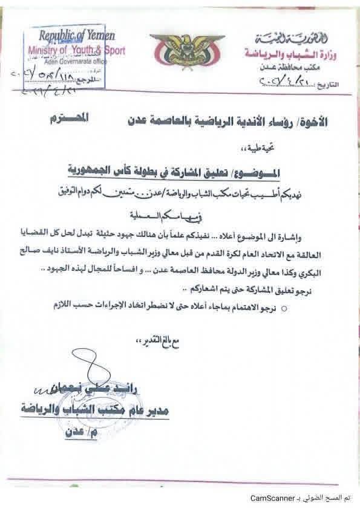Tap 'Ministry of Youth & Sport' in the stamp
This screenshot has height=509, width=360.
(77, 51)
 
